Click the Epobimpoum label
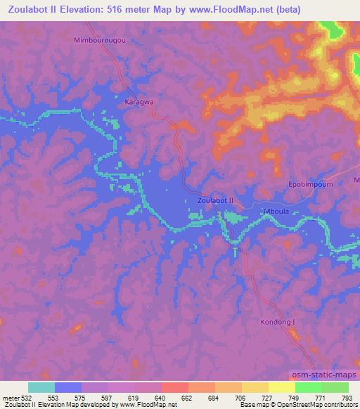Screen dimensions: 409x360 point(308,184)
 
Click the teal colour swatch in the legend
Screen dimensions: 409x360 point(41,387)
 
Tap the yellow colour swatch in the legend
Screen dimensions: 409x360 point(255,387)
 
